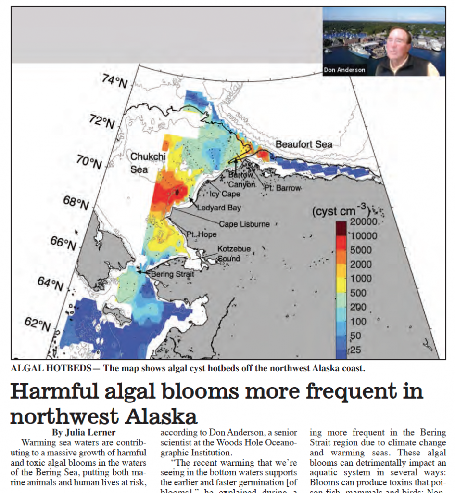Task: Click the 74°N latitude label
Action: click(114, 82)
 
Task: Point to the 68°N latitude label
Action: click(76, 202)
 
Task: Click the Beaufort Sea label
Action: click(303, 144)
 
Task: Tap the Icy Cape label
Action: click(225, 195)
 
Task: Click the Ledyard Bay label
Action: click(219, 208)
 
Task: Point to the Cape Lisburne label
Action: click(244, 224)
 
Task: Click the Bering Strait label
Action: click(172, 274)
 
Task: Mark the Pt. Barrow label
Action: click(282, 188)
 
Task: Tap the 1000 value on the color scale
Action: click(361, 279)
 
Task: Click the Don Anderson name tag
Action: click(344, 70)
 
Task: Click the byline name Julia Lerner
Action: click(84, 432)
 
